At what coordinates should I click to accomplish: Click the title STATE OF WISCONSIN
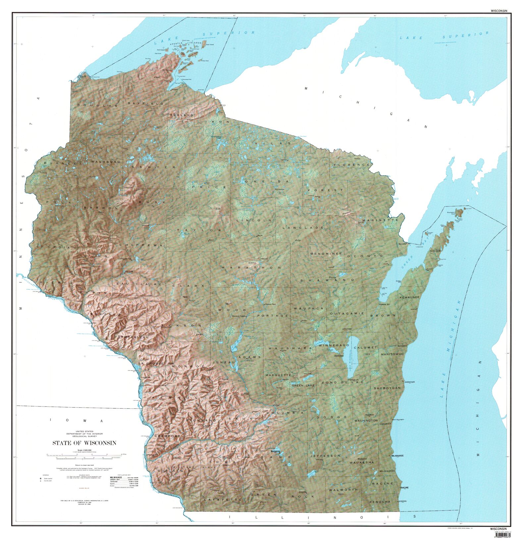pos(84,443)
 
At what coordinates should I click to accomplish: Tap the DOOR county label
pos(435,251)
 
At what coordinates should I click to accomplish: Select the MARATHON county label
pos(251,267)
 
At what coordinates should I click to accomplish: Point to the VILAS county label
pos(273,143)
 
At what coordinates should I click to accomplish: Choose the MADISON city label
pos(276,451)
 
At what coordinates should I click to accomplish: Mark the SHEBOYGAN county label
pos(387,388)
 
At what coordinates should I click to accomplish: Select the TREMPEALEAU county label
pos(131,337)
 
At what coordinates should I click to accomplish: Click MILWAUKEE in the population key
pos(116,478)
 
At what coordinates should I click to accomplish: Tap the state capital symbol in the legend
pos(41,478)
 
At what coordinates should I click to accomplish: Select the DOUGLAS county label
pos(92,105)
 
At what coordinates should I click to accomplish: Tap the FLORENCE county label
pos(351,165)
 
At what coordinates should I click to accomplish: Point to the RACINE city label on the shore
pos(405,488)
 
